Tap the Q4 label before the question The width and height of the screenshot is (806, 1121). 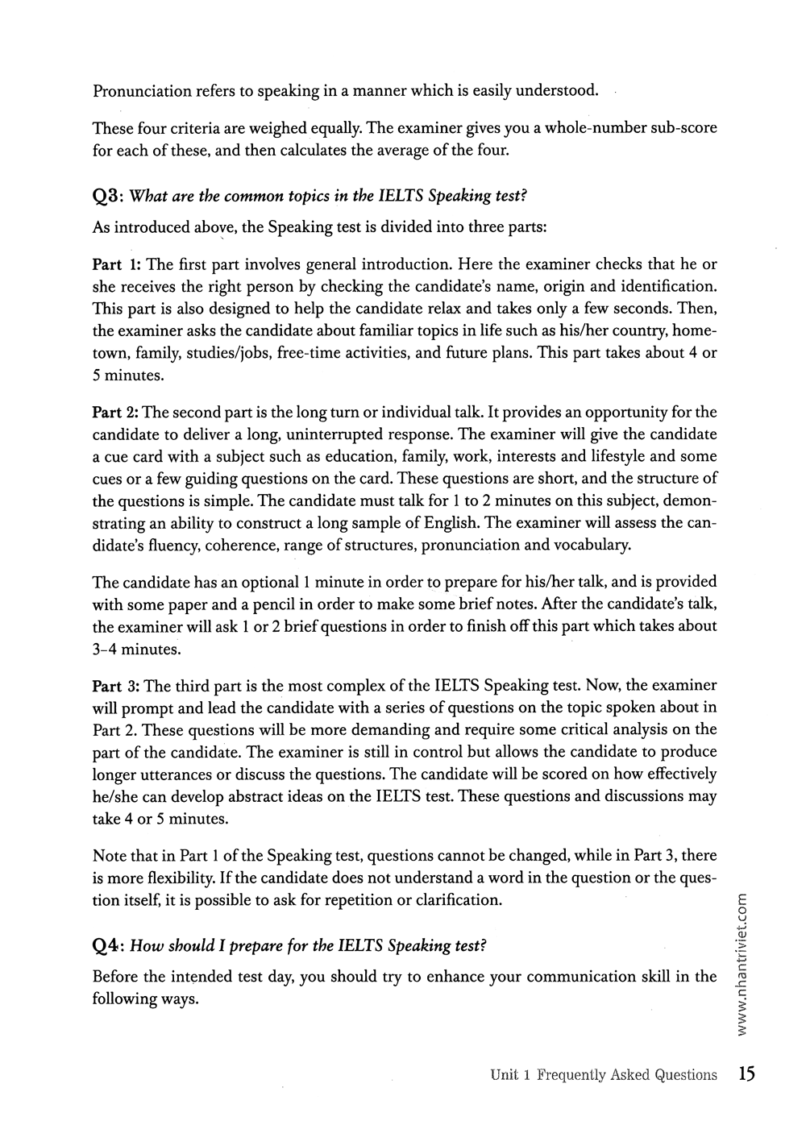coord(108,946)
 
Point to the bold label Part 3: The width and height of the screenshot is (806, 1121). coord(118,686)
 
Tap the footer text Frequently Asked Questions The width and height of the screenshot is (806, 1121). coord(626,1075)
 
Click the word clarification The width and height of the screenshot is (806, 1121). coord(458,899)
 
